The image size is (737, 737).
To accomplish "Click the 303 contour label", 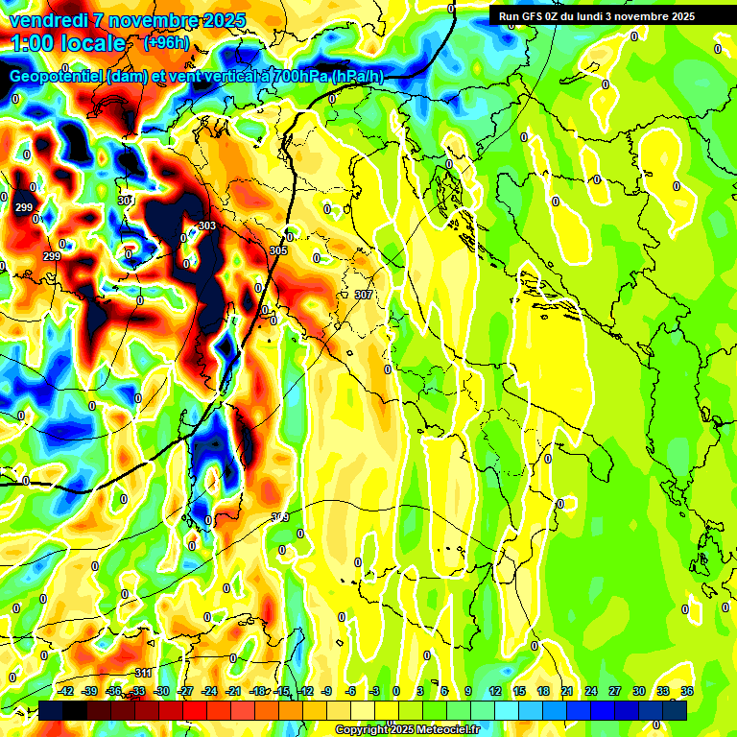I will pos(206,226).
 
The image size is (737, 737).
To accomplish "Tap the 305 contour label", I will pos(278,250).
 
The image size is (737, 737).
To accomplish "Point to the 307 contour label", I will pos(363,295).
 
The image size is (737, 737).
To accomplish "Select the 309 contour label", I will pos(280,517).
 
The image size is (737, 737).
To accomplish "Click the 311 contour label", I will pos(143,673).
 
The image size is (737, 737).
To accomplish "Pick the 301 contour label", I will pos(125,200).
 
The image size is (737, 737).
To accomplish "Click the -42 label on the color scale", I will pos(66,691).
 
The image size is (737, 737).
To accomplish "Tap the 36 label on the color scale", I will pos(687,691).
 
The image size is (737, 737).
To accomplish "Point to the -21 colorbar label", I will pos(234,691).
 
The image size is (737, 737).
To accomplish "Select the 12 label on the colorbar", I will pos(494,691).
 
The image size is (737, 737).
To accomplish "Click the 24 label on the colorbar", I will pos(590,691).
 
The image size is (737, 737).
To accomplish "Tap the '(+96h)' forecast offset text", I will pos(165,43).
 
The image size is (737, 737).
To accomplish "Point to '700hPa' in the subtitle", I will pos(300,77).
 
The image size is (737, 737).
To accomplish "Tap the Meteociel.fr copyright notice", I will pos(407,729).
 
